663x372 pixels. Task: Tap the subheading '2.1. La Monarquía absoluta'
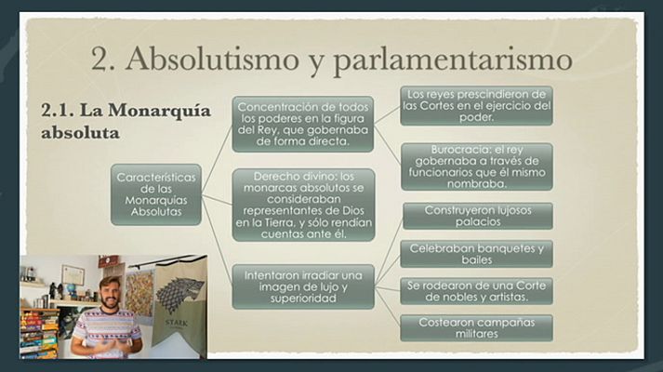coord(126,122)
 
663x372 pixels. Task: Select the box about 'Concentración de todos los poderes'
coord(303,124)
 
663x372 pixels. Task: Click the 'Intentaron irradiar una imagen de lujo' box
coord(303,286)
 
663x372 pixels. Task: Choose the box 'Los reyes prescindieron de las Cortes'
coord(477,105)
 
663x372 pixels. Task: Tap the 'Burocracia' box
coord(477,166)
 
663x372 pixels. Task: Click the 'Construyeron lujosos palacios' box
coord(477,216)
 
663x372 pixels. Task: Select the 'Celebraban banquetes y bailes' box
coord(477,254)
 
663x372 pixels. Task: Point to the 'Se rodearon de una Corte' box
coord(477,290)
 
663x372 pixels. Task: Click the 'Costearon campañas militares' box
coord(477,327)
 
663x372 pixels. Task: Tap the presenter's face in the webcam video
coord(110,292)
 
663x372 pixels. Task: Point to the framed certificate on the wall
coord(73,275)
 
